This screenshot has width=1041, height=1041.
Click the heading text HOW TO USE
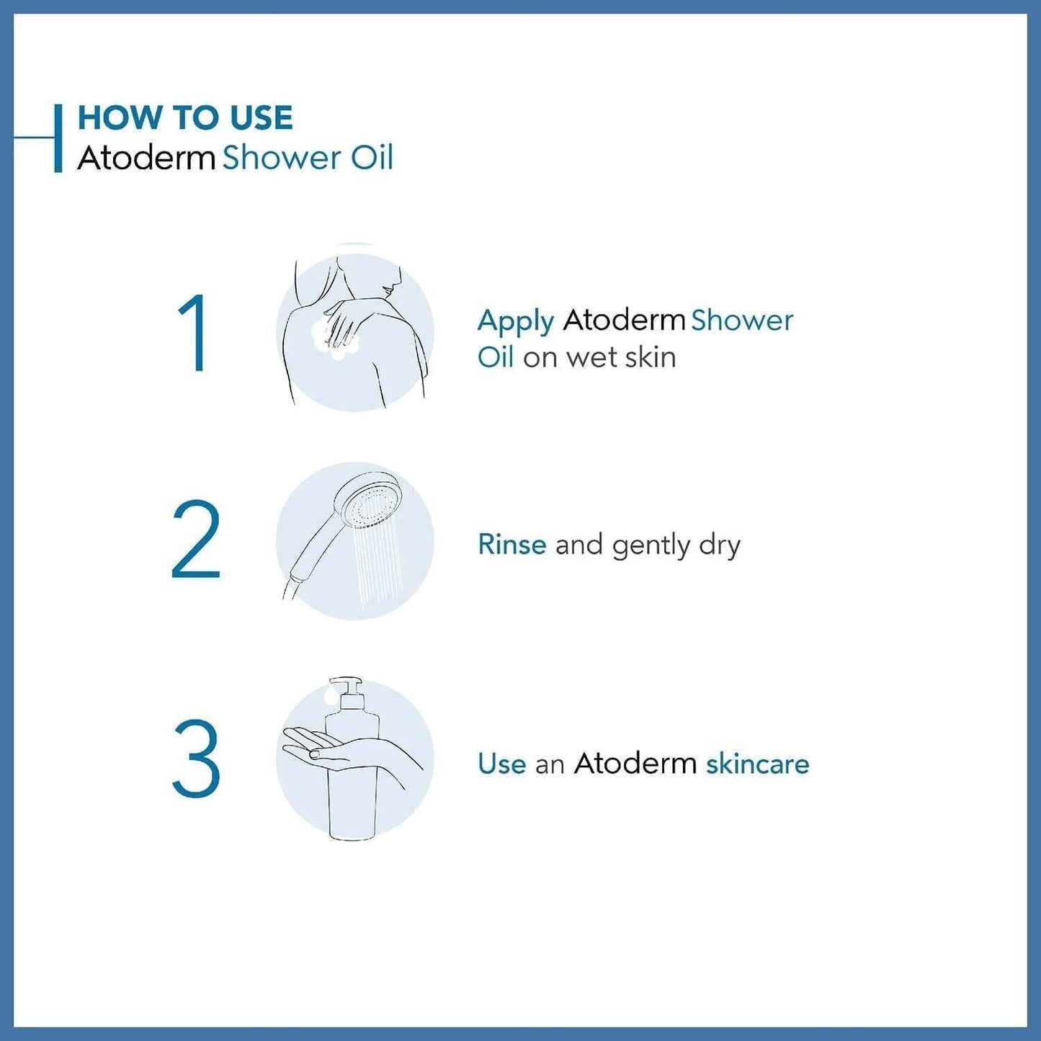point(184,118)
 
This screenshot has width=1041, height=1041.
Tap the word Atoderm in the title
point(146,158)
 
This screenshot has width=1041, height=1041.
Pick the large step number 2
point(196,540)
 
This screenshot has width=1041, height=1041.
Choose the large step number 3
point(196,759)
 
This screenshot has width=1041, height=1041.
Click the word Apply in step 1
point(515,321)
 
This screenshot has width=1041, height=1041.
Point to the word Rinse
point(511,545)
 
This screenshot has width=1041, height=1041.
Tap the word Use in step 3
point(501,764)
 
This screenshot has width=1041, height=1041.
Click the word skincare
point(757,764)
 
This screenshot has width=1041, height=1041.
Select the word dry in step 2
point(719,546)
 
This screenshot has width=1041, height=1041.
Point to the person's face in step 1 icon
point(390,280)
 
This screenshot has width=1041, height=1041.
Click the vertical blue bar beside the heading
point(58,138)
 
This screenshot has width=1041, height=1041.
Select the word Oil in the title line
point(372,158)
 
